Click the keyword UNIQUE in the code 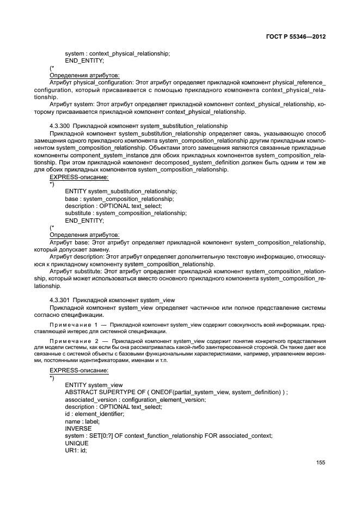point(78,443)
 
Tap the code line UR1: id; point(76,451)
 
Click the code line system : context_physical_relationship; point(117,53)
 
